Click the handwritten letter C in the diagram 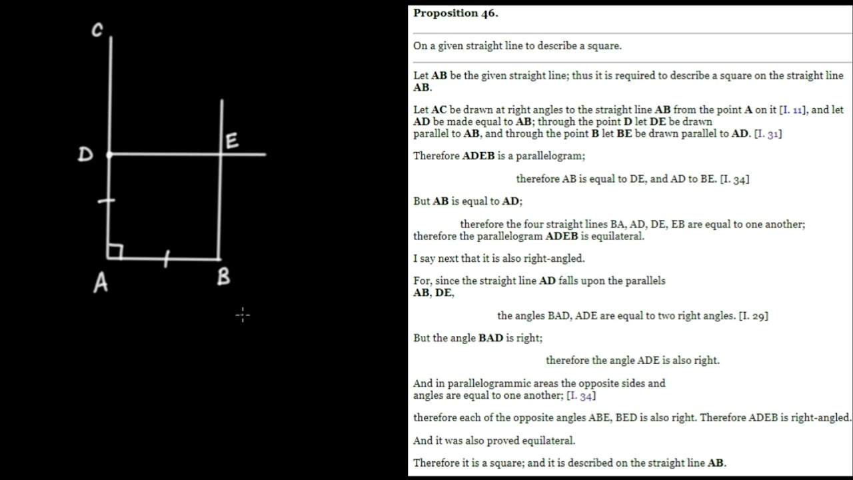click(97, 30)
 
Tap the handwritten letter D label click(85, 154)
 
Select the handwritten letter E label click(232, 141)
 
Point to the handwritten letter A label click(101, 283)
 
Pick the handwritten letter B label click(223, 276)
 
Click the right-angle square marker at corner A click(116, 252)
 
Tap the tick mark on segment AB click(167, 259)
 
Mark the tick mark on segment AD click(107, 201)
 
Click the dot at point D click(109, 155)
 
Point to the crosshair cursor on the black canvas click(243, 315)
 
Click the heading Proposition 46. click(456, 13)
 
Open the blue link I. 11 click(793, 110)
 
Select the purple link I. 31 click(768, 134)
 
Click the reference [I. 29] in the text click(754, 316)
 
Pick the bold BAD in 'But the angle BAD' click(491, 338)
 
